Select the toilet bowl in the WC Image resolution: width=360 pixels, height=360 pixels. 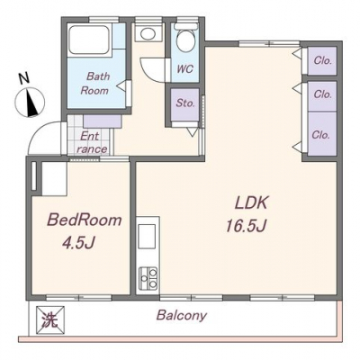pos(186,39)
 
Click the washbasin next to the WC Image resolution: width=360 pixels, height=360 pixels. pos(148,32)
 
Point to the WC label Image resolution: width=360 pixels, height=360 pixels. pos(185,69)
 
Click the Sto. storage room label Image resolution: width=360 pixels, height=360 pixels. pos(185,103)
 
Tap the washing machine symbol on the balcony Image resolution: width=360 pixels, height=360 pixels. pos(50,320)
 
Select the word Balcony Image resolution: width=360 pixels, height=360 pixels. pos(182,315)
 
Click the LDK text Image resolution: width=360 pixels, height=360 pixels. pos(251,203)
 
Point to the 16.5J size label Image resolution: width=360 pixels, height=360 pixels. pos(246,226)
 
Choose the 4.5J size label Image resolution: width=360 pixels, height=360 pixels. pos(78,243)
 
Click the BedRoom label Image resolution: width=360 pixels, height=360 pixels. pos(85,220)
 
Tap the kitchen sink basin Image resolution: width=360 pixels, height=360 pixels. pos(147,236)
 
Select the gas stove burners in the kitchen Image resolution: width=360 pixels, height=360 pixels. pos(148,278)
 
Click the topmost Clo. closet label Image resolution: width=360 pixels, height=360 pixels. pos(322,60)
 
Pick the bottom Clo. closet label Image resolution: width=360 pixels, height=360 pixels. pos(321,134)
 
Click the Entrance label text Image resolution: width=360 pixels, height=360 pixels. pos(91,143)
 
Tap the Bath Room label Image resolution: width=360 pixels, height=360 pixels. pos(95,83)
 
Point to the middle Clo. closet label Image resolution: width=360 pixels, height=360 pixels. pos(322,94)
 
